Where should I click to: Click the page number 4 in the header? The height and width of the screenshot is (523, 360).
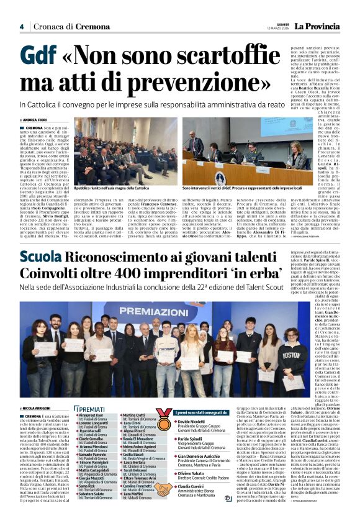[x=21, y=26]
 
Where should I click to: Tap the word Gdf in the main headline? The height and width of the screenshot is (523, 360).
[x=38, y=57]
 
